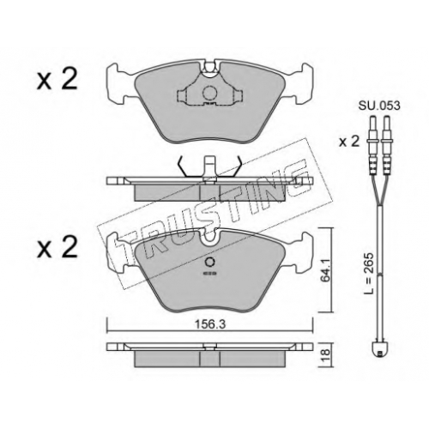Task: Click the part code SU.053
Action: click(379, 106)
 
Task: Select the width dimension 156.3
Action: click(210, 324)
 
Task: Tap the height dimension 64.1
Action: click(326, 271)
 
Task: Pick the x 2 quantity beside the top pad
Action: click(57, 79)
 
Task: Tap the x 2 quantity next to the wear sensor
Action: click(349, 142)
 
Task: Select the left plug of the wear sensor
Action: click(372, 143)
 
